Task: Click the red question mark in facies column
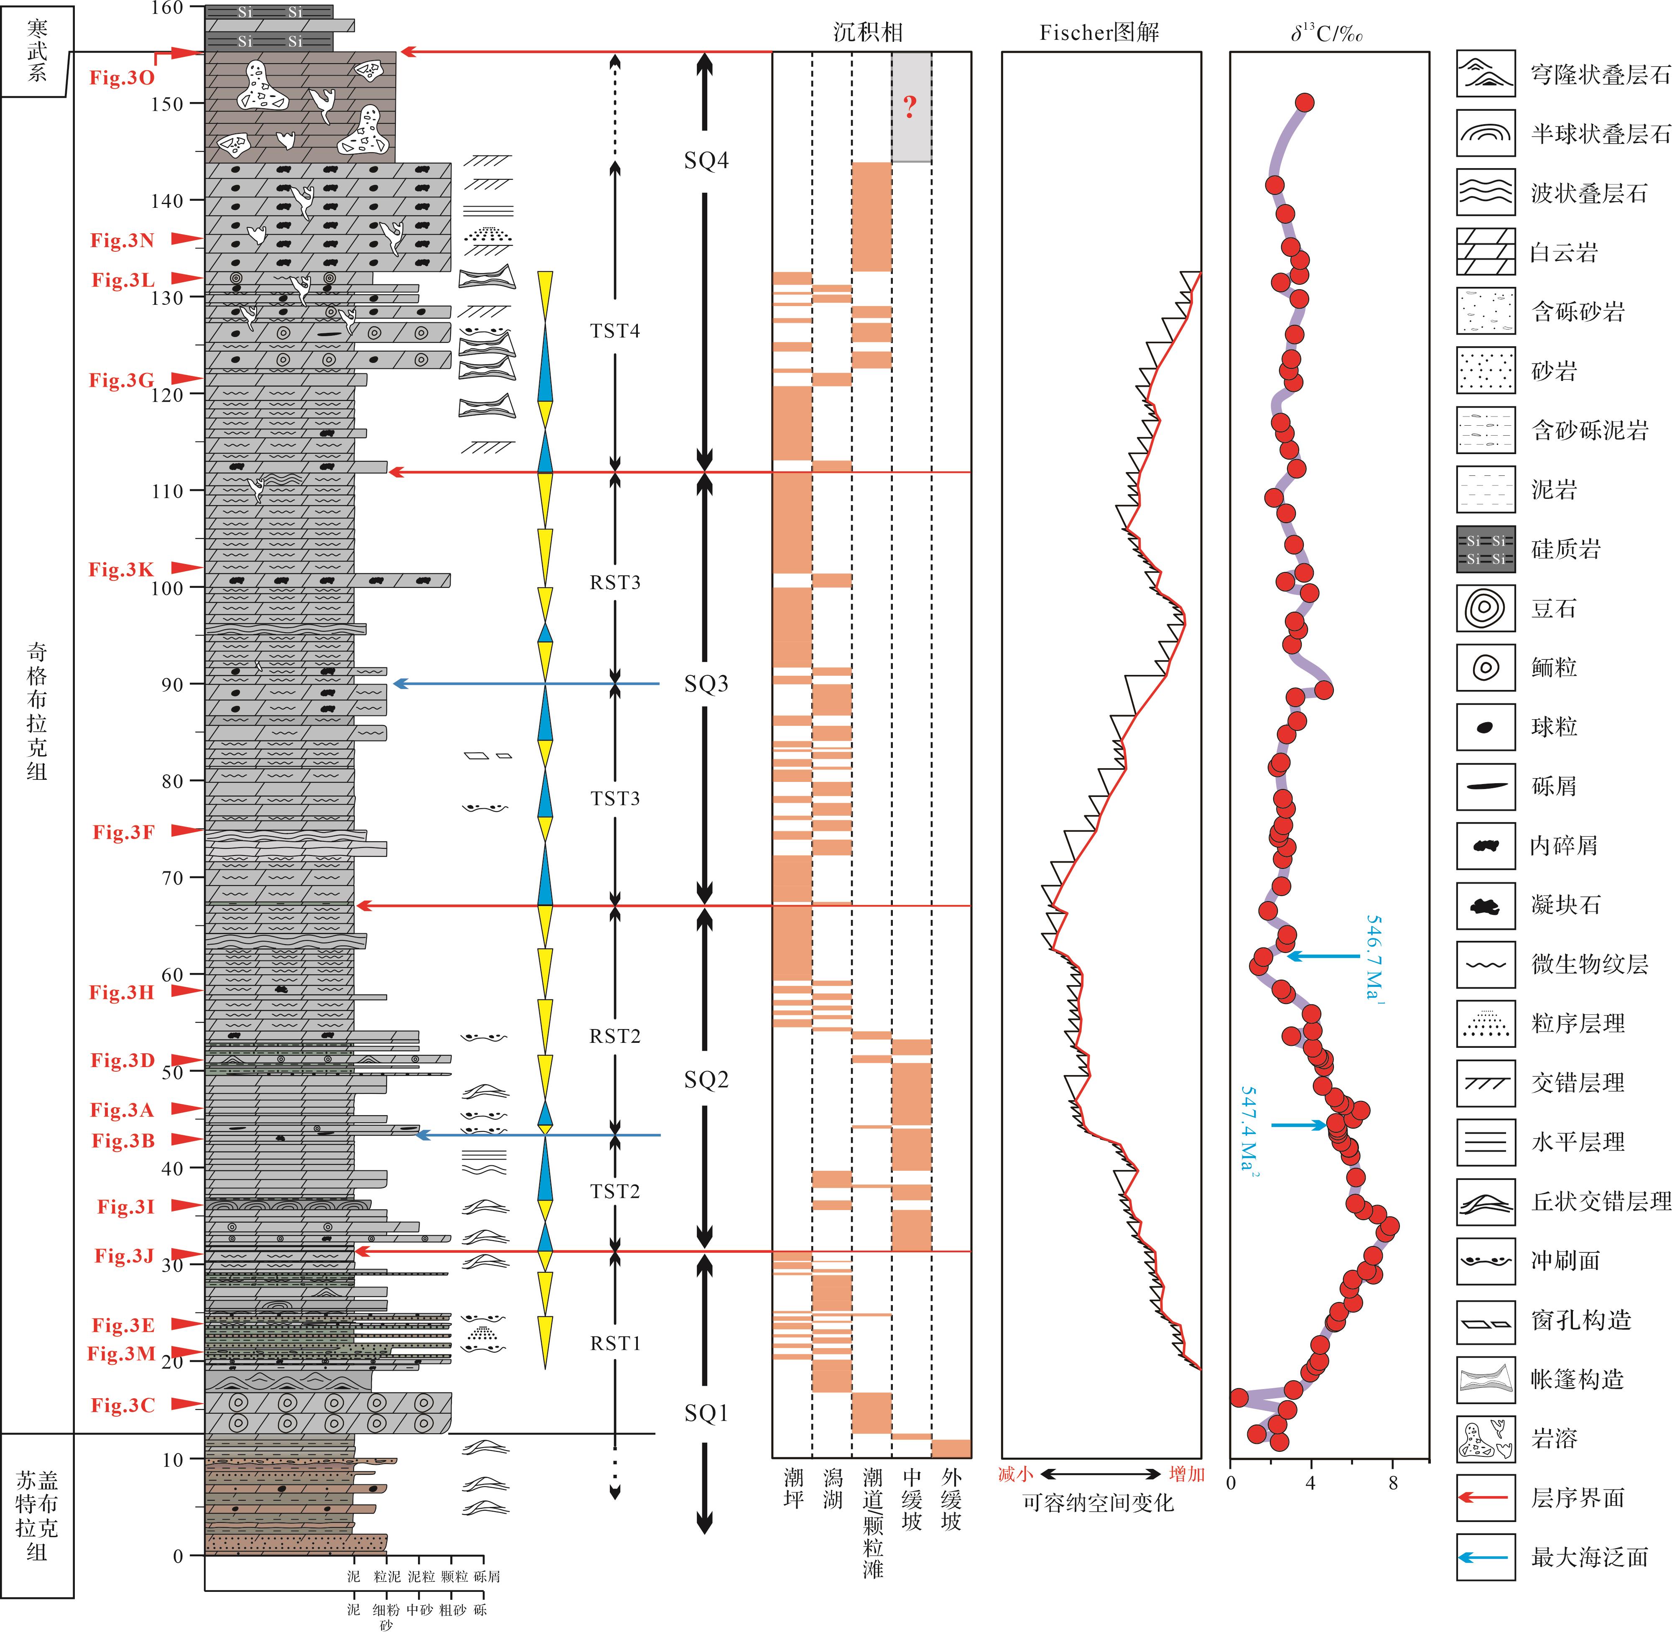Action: pos(910,107)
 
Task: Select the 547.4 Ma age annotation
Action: pos(1250,1131)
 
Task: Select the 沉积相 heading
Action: pos(868,33)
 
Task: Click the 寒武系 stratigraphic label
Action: pos(37,51)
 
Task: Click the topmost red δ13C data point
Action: pos(1304,103)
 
